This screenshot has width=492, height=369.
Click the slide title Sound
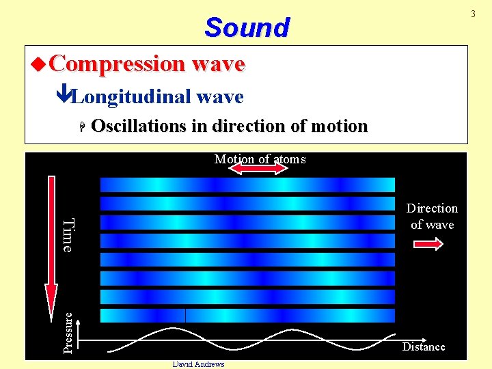pyautogui.click(x=247, y=28)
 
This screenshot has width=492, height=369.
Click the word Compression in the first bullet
pyautogui.click(x=116, y=64)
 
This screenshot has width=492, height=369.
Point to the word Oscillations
pyautogui.click(x=134, y=126)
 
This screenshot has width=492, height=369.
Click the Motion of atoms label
pyautogui.click(x=260, y=159)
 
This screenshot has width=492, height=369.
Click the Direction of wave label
pyautogui.click(x=432, y=216)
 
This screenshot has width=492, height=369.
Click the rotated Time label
pyautogui.click(x=68, y=234)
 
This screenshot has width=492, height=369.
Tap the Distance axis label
pyautogui.click(x=423, y=347)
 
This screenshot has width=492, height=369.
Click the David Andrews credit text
pyautogui.click(x=199, y=364)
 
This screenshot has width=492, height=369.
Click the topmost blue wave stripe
pyautogui.click(x=247, y=184)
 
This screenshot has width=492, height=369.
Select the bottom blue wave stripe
pyautogui.click(x=247, y=315)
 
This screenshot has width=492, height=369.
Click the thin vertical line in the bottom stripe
pyautogui.click(x=185, y=315)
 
